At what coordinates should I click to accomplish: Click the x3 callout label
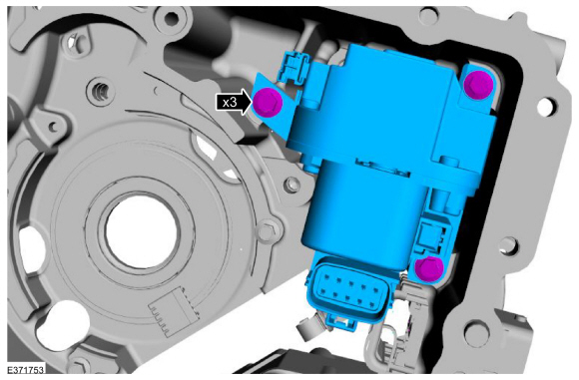230,102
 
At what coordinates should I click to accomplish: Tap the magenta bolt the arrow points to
269,102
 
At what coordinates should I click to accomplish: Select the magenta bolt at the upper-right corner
478,85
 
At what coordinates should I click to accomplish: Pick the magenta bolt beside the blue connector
429,268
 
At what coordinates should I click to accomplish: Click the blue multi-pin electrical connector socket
349,290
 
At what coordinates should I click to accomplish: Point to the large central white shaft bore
142,229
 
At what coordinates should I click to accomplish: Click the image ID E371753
26,369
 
